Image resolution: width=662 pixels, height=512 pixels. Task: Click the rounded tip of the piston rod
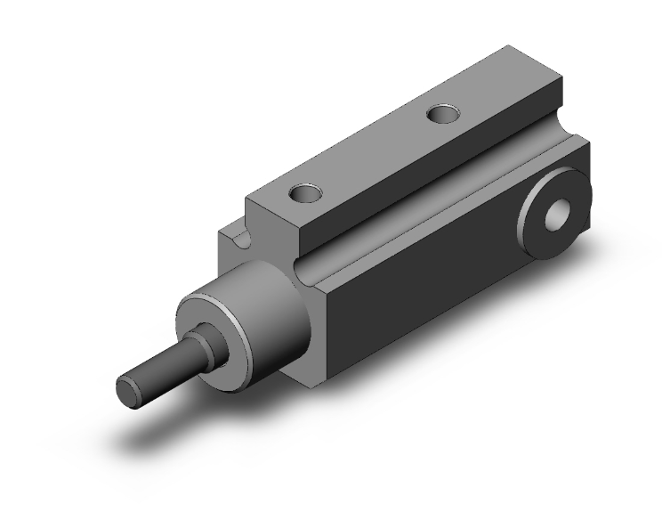tap(129, 392)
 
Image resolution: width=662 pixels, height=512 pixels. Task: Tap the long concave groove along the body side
tap(427, 205)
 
